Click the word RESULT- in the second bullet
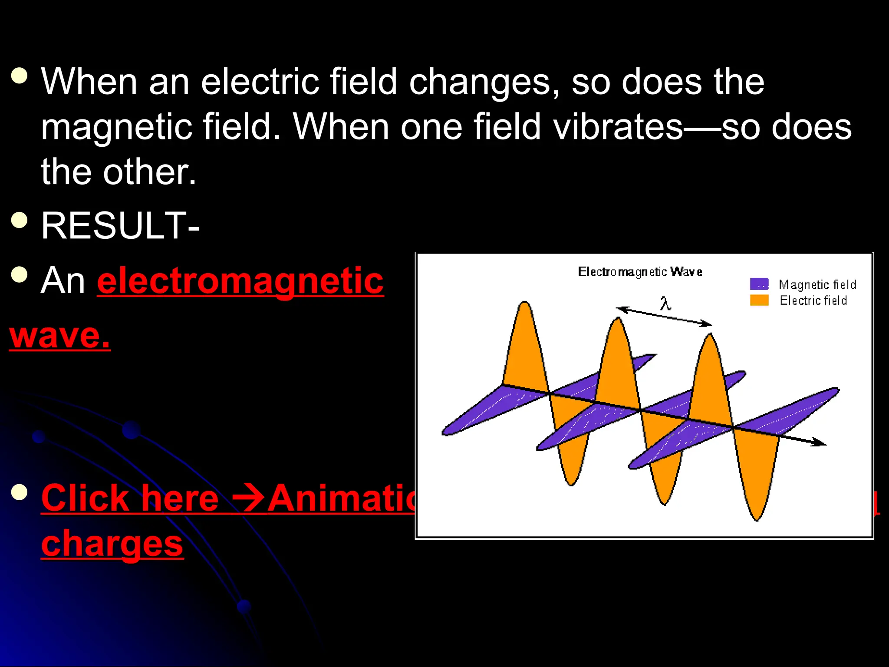tap(120, 226)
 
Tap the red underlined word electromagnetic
tap(240, 281)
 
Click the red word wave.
tap(59, 336)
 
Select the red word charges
tap(112, 544)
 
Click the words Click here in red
tap(129, 498)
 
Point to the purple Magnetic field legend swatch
tap(759, 284)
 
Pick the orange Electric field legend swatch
tap(759, 300)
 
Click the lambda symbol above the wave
tap(665, 303)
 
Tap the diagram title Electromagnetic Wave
tap(640, 272)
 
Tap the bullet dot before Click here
tap(19, 492)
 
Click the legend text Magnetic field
tap(817, 285)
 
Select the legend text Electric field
tap(813, 300)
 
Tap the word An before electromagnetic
tap(63, 281)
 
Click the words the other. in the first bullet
tap(119, 172)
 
